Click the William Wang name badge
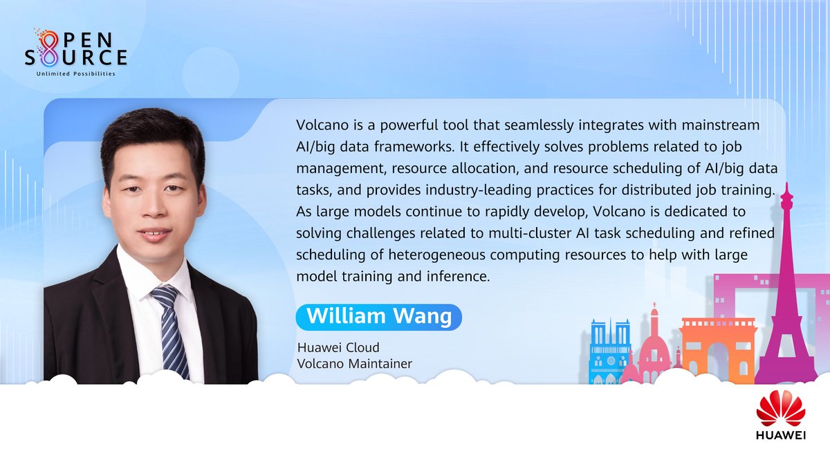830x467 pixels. [x=378, y=317]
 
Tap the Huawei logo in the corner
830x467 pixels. [x=781, y=416]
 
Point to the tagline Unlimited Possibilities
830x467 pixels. [x=75, y=73]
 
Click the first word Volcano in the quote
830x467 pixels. [x=320, y=127]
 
